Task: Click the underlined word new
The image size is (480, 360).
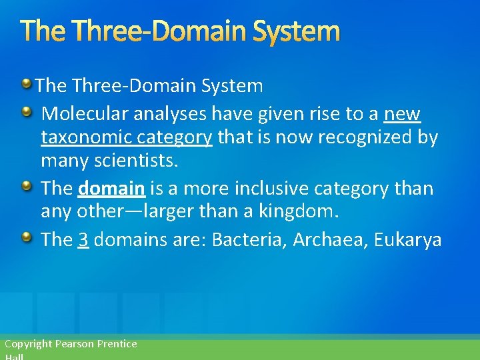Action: click(x=402, y=115)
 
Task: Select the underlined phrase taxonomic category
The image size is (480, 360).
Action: click(x=127, y=138)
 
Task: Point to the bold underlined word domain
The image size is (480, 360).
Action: click(x=111, y=189)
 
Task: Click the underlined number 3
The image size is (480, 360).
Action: click(x=83, y=240)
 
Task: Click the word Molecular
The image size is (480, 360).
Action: click(x=85, y=115)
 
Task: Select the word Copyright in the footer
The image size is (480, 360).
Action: click(x=28, y=344)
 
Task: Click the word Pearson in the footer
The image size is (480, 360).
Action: click(x=75, y=344)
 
